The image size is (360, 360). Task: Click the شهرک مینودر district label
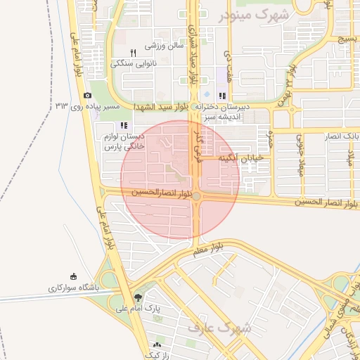pos(253,15)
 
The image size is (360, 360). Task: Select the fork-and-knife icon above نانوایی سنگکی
pos(132,53)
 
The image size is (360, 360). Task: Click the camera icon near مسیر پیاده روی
pos(87,95)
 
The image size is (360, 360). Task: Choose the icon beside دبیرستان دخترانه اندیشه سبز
pos(222,96)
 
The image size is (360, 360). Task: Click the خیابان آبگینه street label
pos(241,158)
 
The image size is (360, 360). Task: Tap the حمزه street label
pos(270,133)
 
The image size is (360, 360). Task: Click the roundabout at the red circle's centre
pos(198,196)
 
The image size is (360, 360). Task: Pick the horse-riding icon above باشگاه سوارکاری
pos(73,276)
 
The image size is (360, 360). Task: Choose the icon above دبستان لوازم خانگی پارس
pos(124,125)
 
